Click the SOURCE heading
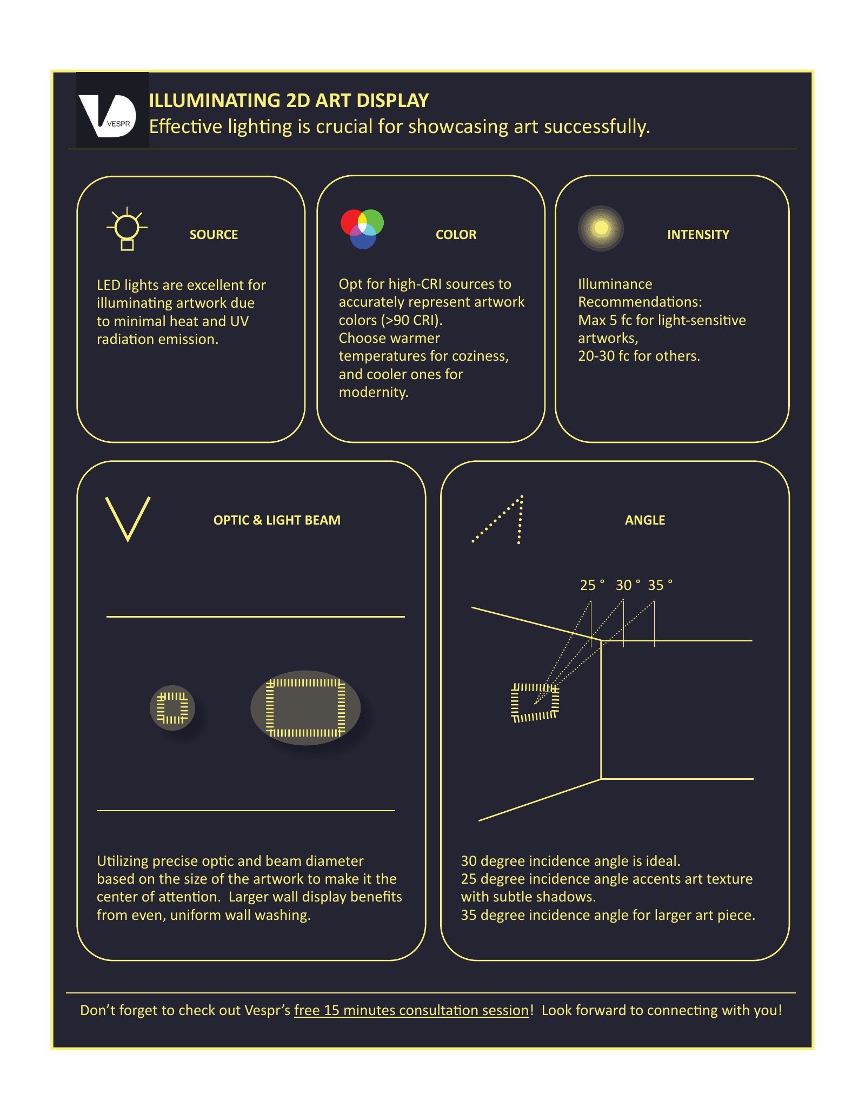click(214, 235)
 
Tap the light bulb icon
click(127, 229)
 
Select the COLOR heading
click(456, 235)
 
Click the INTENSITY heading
click(698, 235)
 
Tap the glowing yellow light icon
click(601, 228)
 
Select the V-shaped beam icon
click(128, 519)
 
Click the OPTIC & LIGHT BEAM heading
click(277, 520)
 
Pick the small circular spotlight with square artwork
click(172, 708)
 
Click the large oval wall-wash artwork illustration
click(305, 708)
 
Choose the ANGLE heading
click(645, 520)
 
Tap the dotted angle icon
click(497, 519)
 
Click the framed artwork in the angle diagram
click(535, 703)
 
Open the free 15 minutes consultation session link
click(411, 1010)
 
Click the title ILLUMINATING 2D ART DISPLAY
click(289, 101)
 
